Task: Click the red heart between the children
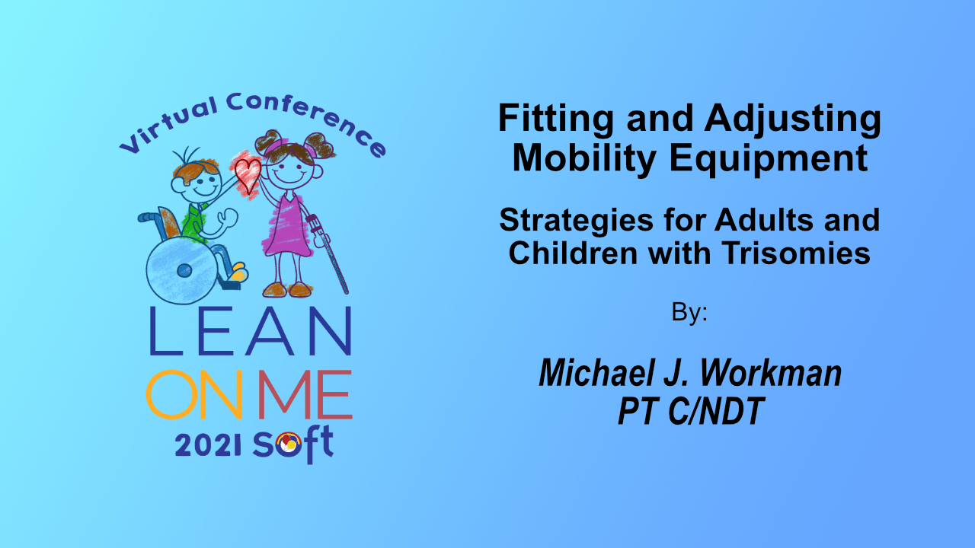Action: point(248,175)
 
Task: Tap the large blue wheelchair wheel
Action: point(182,270)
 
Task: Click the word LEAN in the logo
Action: point(251,331)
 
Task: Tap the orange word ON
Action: point(194,394)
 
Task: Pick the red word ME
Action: point(305,394)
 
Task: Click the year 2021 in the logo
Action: point(208,445)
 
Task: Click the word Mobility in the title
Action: point(584,160)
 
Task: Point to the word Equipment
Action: point(769,160)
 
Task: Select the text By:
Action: point(689,312)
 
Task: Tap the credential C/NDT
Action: point(715,410)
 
